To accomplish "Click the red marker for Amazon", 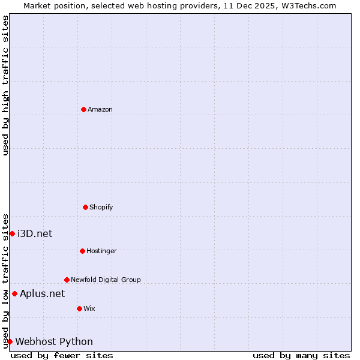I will coord(83,109).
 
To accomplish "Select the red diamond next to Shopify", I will coord(85,207).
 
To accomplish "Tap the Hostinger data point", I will coord(82,251).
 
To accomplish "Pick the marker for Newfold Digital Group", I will coord(67,280).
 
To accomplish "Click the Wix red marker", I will coord(79,308).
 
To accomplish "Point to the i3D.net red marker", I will coord(12,233).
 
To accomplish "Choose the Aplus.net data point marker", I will coord(14,293).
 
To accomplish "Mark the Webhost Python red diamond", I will coord(10,341).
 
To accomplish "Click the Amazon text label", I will coord(100,109).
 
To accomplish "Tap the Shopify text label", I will coord(101,207).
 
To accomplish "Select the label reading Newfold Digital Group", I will coord(106,280).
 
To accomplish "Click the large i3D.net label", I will coord(35,233).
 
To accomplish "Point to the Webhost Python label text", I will coord(54,341).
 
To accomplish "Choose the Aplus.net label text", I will coord(42,293).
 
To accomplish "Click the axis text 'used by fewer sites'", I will coord(62,355).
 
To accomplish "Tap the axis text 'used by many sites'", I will coord(301,355).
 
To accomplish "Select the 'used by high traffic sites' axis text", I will coord(5,85).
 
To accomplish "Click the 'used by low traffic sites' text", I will coord(5,281).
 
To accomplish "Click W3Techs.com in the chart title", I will coord(310,5).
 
